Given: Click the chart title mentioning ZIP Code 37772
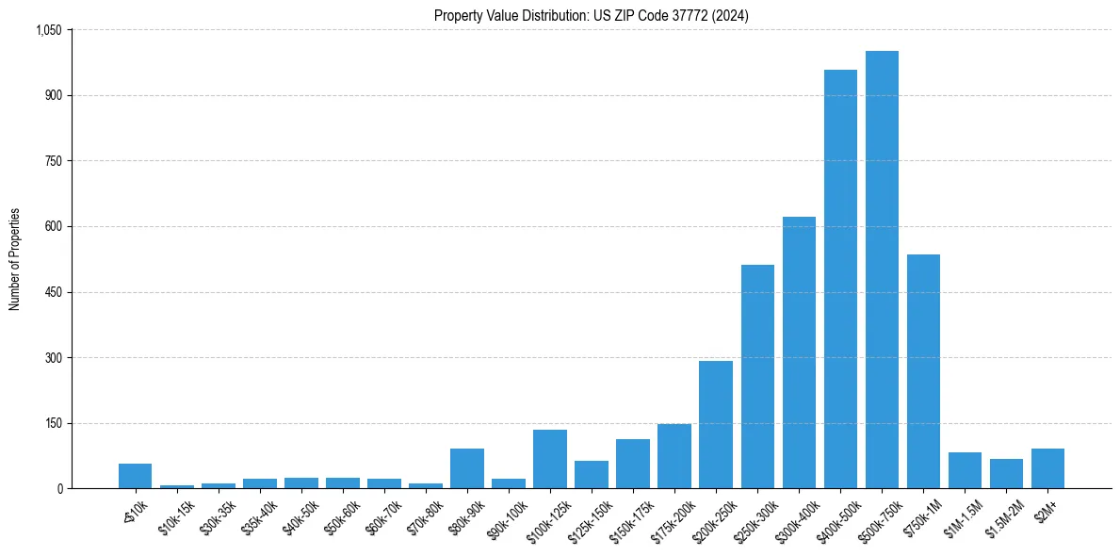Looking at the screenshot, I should [591, 15].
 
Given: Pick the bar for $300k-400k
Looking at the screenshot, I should [799, 352].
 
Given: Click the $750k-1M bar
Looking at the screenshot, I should [923, 371].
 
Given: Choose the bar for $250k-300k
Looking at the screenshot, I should [757, 377].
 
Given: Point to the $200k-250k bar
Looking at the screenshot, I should [716, 425].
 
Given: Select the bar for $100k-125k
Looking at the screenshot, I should [550, 459].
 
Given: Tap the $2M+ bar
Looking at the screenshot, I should [1047, 468].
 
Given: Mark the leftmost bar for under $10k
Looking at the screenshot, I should [136, 476].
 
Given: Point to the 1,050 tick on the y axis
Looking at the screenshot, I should [48, 30].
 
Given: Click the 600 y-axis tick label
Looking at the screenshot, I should [54, 227].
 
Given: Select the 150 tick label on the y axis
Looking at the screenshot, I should [54, 423].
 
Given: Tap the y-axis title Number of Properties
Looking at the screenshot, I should [15, 259].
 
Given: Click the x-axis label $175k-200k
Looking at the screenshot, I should [673, 515].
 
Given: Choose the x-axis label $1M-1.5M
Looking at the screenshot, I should [963, 515].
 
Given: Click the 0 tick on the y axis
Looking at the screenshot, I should [59, 489].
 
